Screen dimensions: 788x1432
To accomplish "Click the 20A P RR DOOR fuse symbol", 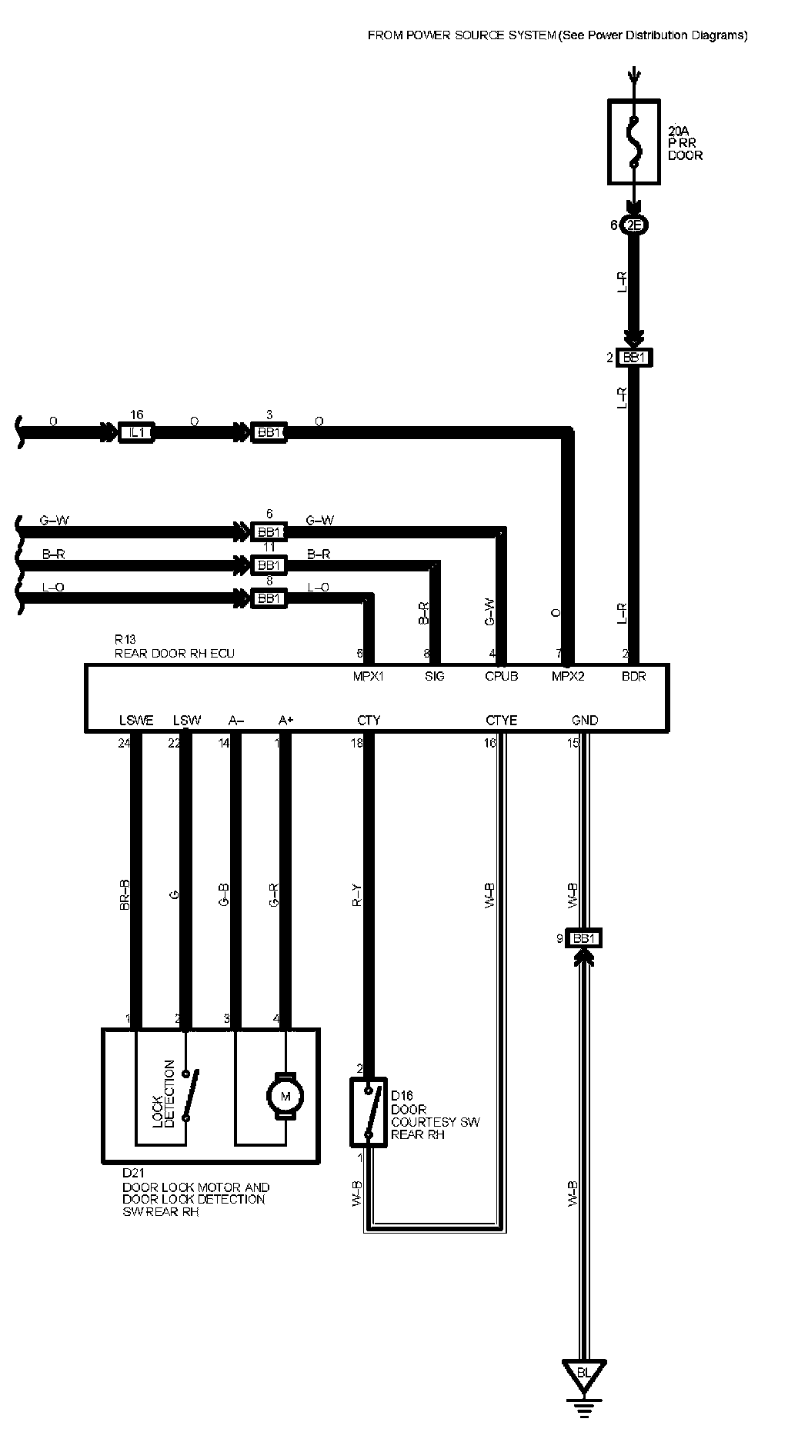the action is pyautogui.click(x=633, y=142).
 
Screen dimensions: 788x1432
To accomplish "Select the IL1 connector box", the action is pyautogui.click(x=136, y=433).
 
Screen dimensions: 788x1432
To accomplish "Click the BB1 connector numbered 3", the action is pyautogui.click(x=269, y=433).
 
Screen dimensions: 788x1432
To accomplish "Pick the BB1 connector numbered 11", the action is pyautogui.click(x=269, y=565).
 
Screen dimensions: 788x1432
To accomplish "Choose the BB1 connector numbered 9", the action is pyautogui.click(x=584, y=938).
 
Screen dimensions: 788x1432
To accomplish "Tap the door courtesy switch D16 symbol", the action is pyautogui.click(x=369, y=1112).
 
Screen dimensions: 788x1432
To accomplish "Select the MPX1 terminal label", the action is pyautogui.click(x=369, y=677).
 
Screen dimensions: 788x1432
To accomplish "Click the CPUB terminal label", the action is pyautogui.click(x=501, y=677).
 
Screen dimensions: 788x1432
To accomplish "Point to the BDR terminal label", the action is pyautogui.click(x=633, y=677).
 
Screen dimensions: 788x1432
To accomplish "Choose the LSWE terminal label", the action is pyautogui.click(x=136, y=721).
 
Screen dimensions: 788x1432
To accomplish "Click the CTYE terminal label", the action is pyautogui.click(x=501, y=721).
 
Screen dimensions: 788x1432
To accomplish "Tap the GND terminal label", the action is pyautogui.click(x=585, y=721).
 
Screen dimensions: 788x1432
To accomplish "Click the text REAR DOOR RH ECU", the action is pyautogui.click(x=174, y=653).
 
